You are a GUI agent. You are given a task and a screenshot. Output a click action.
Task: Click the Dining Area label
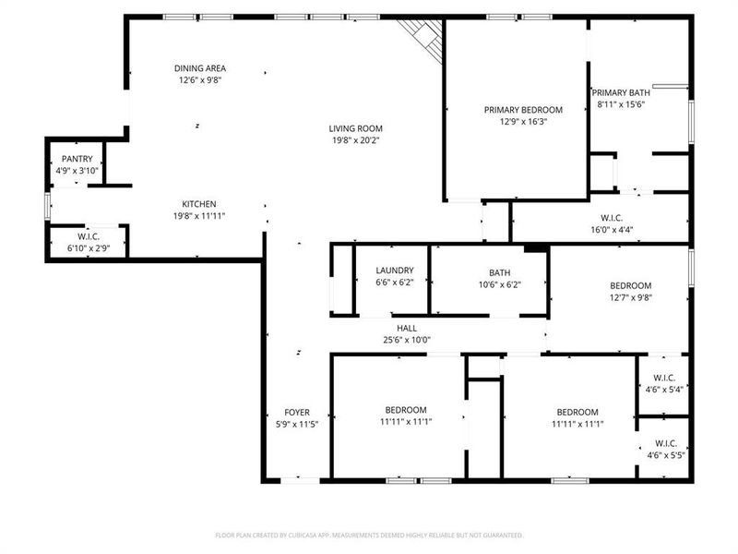point(200,68)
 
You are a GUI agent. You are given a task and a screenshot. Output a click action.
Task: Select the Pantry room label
point(77,159)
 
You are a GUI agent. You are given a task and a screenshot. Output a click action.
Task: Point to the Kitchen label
point(199,204)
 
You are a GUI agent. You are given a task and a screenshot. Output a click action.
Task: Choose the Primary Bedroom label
point(523,109)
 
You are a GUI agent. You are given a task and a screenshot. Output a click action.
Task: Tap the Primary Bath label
point(621,92)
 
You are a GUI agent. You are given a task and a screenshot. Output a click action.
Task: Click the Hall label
point(407,328)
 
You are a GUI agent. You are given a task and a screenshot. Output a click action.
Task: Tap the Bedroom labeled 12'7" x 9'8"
point(630,286)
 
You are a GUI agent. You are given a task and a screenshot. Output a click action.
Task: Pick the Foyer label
point(297,412)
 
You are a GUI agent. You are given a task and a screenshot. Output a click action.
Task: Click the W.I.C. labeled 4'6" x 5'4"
point(664,378)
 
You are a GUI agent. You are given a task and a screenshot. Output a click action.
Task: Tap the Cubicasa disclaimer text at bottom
point(369,535)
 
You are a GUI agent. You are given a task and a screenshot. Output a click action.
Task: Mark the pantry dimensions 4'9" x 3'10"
point(77,171)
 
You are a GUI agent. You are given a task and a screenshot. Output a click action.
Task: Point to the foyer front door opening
point(301,479)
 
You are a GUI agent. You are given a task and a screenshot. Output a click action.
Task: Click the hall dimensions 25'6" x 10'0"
point(407,340)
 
